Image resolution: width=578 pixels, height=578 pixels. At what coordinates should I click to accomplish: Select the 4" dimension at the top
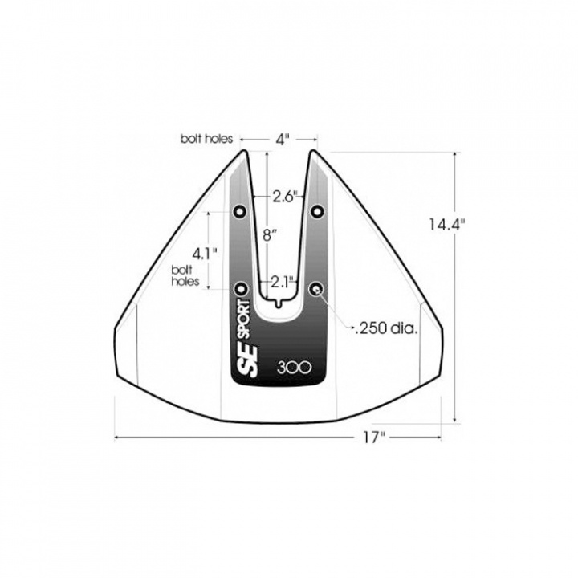tap(282, 140)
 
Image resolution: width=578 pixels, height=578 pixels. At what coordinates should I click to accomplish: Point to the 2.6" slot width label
tap(286, 196)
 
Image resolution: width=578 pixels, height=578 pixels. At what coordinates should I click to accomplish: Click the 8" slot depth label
tap(271, 235)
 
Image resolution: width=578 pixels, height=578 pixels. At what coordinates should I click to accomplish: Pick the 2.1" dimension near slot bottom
tap(282, 281)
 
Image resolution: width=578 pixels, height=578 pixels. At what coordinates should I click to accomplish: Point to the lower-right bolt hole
tap(318, 287)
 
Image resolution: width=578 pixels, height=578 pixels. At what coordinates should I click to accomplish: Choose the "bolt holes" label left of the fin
tap(184, 277)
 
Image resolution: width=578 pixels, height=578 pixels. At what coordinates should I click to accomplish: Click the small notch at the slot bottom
tap(279, 303)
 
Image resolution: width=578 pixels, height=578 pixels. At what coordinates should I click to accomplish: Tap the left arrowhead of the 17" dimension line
tap(118, 438)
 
